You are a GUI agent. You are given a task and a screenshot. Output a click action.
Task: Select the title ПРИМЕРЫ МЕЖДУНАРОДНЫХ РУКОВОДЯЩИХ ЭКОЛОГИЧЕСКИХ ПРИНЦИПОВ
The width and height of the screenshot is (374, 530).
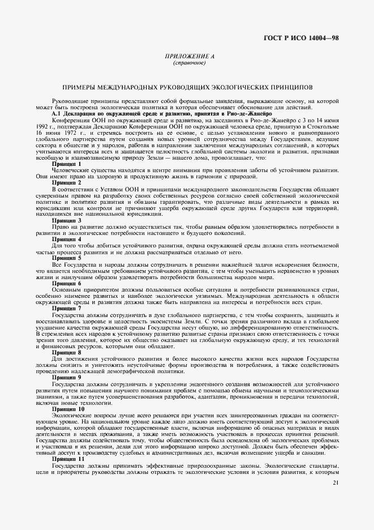click(187, 88)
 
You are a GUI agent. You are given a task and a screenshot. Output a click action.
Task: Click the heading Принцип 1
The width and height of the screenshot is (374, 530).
click(67, 163)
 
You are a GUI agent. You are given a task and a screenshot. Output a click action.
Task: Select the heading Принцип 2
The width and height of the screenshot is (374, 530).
click(67, 183)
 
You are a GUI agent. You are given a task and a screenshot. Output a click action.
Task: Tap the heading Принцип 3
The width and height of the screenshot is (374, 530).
click(67, 220)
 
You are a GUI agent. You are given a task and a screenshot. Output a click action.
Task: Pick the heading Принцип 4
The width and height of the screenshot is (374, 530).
click(67, 239)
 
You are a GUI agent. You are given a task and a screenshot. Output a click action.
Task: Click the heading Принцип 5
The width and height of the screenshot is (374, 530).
click(67, 258)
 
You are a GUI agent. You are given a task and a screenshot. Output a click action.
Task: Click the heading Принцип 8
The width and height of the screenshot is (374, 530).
click(67, 352)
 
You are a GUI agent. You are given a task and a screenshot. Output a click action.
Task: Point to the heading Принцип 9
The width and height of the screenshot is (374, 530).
click(67, 377)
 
